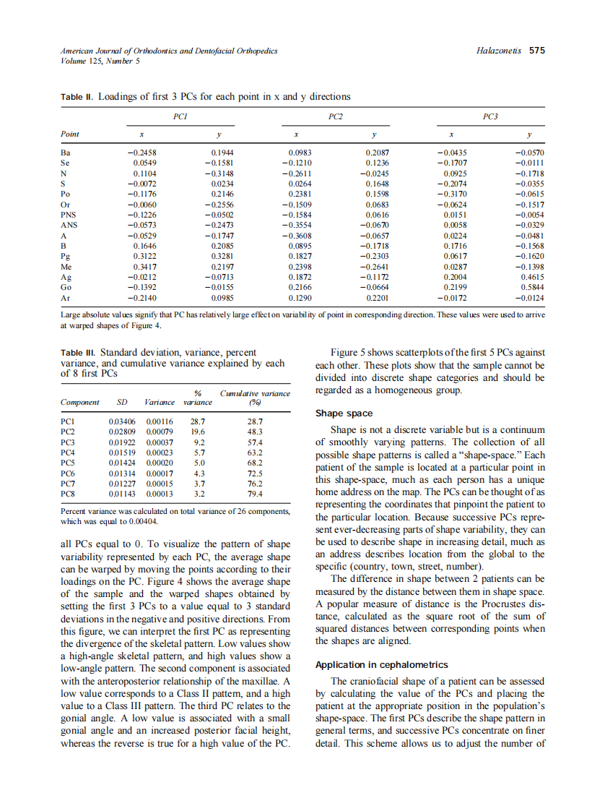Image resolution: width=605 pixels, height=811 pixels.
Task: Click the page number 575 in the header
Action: click(536, 51)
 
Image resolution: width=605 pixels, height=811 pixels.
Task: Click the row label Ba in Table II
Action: click(66, 153)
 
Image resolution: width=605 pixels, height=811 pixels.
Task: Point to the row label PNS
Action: click(69, 215)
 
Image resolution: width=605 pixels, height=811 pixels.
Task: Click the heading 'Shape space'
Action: click(344, 413)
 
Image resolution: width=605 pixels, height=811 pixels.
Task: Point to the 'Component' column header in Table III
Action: click(80, 402)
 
